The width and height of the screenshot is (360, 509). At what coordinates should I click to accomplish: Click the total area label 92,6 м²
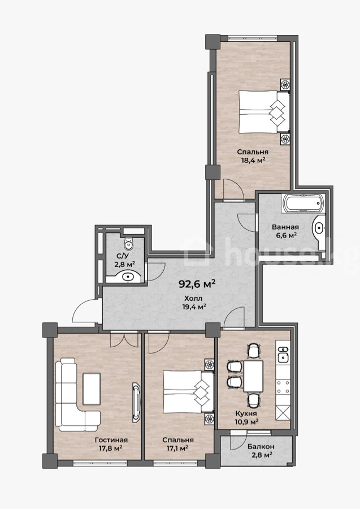click(x=197, y=284)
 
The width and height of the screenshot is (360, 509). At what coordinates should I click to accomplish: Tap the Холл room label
click(x=193, y=299)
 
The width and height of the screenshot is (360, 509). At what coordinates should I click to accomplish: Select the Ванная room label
click(x=285, y=227)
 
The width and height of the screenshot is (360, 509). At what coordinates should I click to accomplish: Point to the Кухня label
click(x=246, y=413)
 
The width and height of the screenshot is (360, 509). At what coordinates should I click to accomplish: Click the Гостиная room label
click(x=111, y=440)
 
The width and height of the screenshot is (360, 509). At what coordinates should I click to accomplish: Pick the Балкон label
click(x=261, y=447)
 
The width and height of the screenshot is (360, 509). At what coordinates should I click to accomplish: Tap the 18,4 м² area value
click(x=253, y=159)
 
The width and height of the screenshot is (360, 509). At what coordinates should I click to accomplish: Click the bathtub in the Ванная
click(x=303, y=204)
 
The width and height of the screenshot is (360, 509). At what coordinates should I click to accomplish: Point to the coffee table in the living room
click(x=92, y=389)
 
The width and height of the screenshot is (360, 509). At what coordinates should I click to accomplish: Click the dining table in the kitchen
click(x=253, y=376)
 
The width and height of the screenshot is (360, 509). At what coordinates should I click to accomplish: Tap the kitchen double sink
click(x=283, y=354)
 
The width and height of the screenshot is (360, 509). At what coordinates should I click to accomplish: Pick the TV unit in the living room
click(x=137, y=403)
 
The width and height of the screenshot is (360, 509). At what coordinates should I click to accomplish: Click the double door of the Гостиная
click(x=124, y=339)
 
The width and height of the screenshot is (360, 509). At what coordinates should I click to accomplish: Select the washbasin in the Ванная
click(x=319, y=228)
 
